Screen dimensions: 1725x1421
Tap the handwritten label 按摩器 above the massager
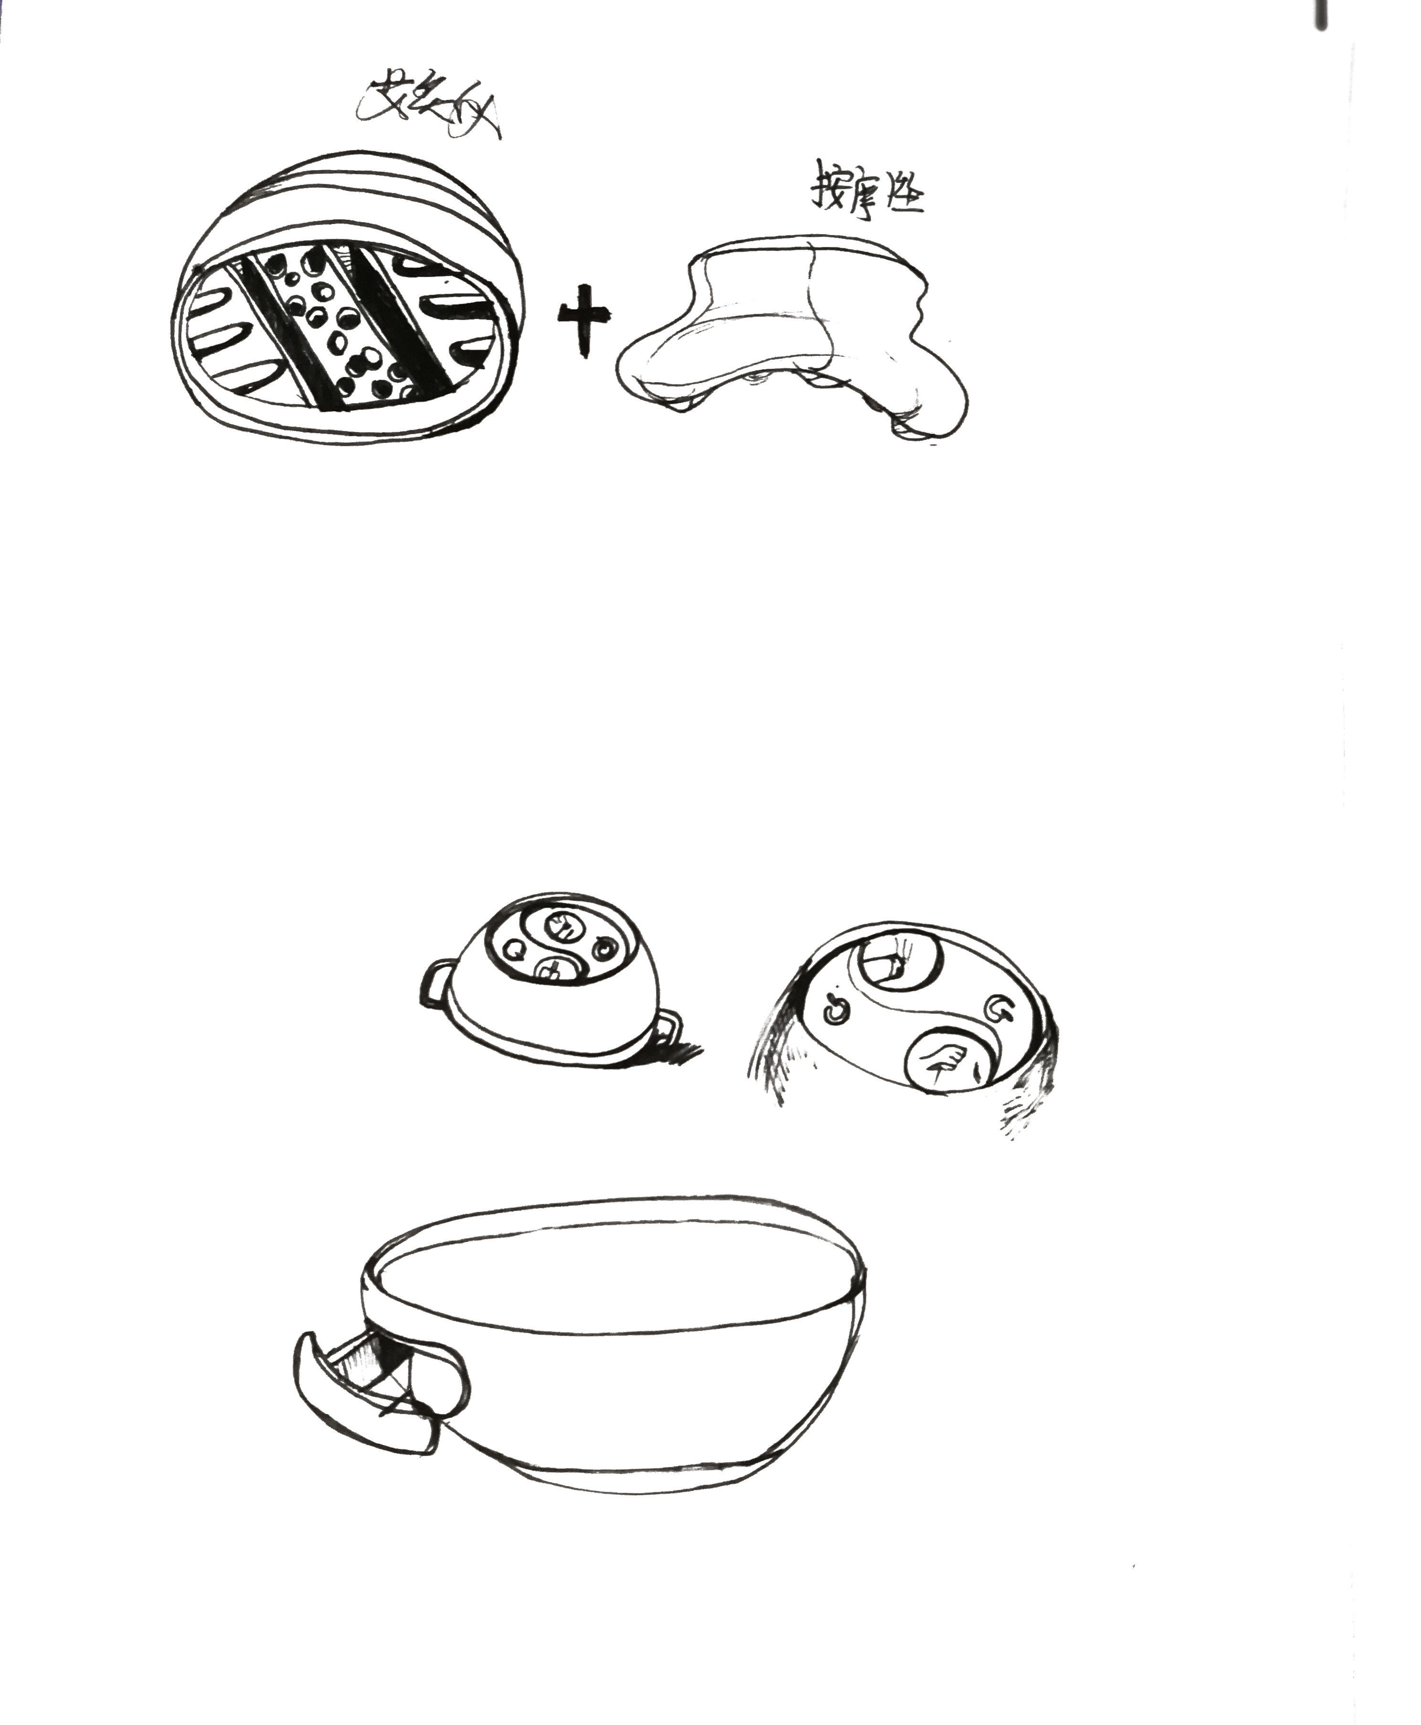866,196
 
